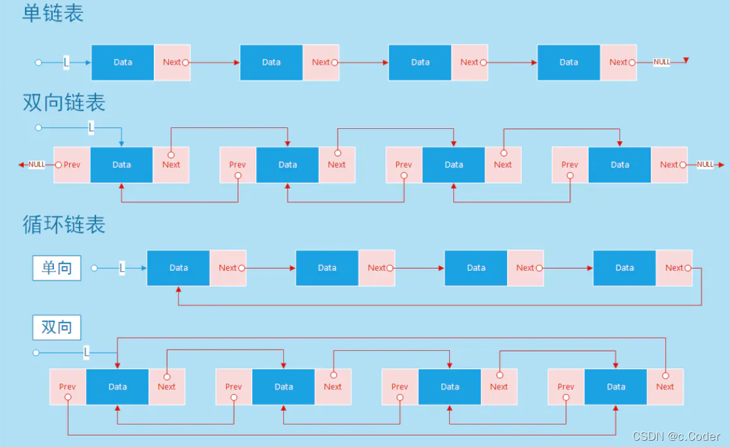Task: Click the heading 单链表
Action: click(53, 14)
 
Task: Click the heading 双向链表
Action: click(64, 102)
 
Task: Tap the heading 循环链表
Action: click(64, 224)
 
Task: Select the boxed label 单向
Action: click(57, 268)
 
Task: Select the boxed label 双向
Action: click(57, 327)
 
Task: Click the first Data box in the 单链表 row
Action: click(123, 62)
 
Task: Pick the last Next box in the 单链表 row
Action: click(618, 62)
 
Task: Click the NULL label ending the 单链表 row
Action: click(662, 62)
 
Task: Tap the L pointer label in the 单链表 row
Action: click(67, 62)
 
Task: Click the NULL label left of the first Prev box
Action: click(36, 164)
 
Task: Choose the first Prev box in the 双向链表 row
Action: click(72, 164)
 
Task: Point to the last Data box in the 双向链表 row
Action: click(620, 164)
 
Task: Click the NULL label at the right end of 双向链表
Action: click(706, 164)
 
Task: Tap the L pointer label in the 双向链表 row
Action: click(91, 127)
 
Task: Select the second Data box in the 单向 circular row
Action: click(327, 267)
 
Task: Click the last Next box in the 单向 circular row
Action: click(674, 267)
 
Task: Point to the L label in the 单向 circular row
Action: click(122, 268)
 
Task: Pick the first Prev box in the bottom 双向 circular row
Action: click(67, 387)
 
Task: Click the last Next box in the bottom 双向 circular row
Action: click(665, 387)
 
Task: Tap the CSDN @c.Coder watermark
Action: click(676, 436)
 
